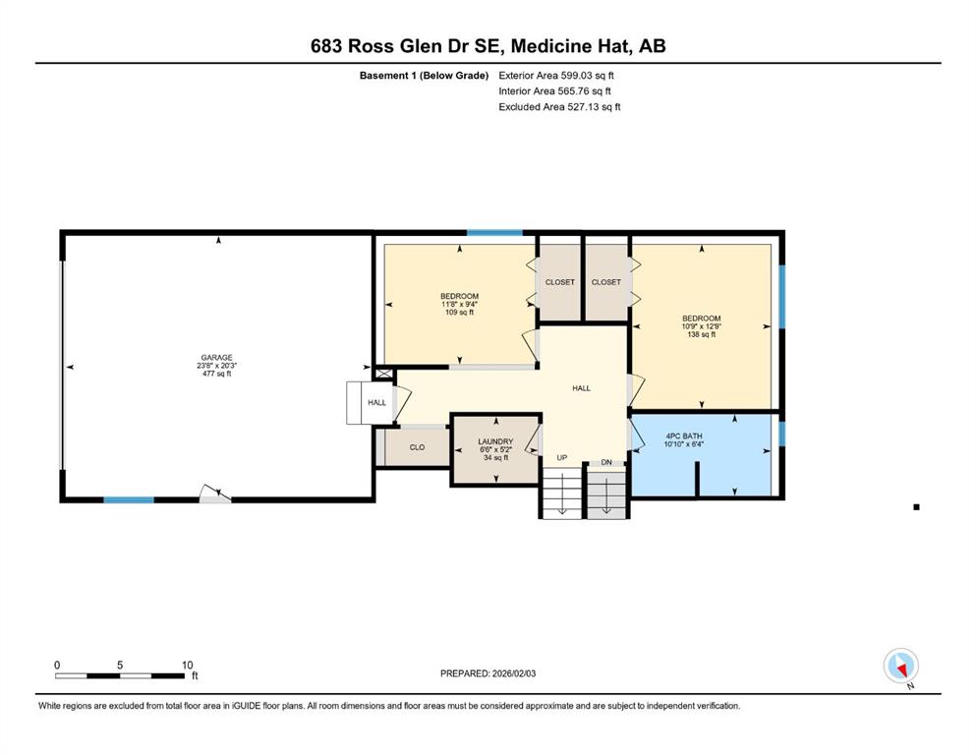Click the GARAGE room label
[x=216, y=357]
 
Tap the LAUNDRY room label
[x=495, y=441]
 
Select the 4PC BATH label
[x=683, y=436]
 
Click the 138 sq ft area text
[x=702, y=334]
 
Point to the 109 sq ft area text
[x=459, y=313]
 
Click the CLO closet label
[x=417, y=447]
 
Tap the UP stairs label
[x=562, y=457]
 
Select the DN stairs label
[x=606, y=462]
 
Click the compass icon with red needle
[x=900, y=666]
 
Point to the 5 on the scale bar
[x=120, y=665]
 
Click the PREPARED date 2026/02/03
[x=513, y=673]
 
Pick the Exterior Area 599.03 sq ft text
[x=556, y=76]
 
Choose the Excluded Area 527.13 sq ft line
[x=559, y=106]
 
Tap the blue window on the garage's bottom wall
[x=128, y=499]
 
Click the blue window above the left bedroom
[x=494, y=233]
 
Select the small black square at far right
[x=916, y=507]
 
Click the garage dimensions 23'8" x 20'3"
[x=216, y=366]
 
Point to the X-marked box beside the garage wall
[x=384, y=374]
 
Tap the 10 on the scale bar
[x=187, y=665]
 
